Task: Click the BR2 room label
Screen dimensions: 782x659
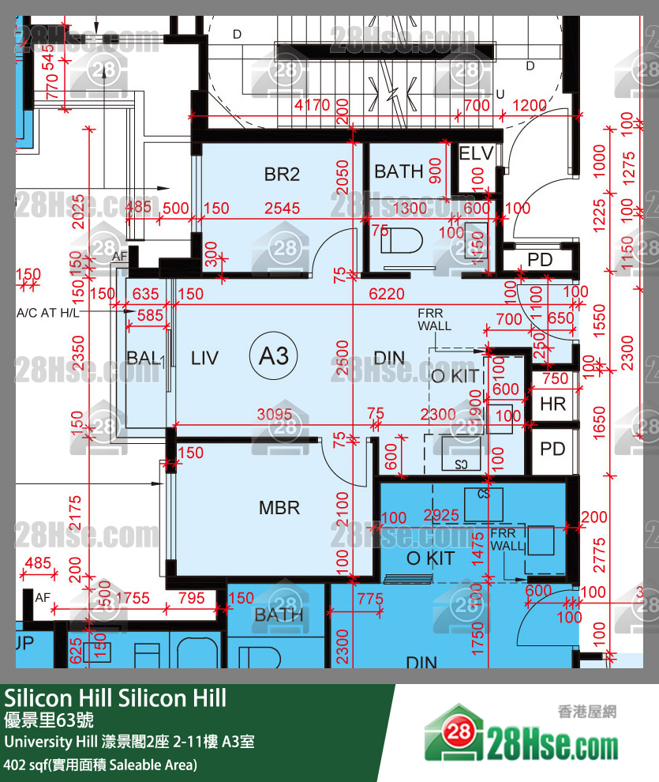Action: tap(282, 174)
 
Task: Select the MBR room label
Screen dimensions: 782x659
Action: tap(279, 507)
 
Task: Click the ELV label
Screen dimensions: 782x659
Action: tap(476, 153)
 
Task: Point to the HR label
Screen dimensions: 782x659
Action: tap(553, 404)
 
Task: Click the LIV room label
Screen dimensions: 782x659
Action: tap(204, 357)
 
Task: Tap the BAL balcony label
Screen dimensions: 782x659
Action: tap(143, 358)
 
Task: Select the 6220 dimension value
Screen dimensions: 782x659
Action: tap(387, 294)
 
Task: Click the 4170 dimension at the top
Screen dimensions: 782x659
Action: tap(312, 105)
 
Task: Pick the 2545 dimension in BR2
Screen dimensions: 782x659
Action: tap(283, 209)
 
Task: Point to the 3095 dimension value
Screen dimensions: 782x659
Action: tap(275, 414)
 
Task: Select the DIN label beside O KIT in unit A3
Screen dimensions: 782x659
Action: tap(389, 358)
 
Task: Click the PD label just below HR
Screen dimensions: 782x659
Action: tap(552, 449)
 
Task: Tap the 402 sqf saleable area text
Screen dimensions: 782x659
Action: tap(100, 765)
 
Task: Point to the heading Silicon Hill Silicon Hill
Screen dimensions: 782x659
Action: tap(115, 697)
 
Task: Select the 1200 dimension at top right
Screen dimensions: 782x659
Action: tap(529, 105)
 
